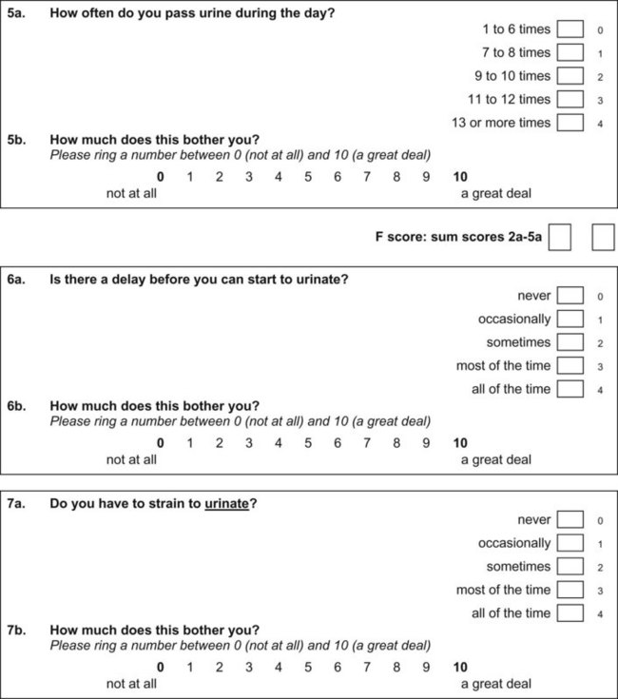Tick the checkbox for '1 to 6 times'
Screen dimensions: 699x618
click(x=570, y=29)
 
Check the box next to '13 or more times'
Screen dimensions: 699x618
click(x=570, y=123)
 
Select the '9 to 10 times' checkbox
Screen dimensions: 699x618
click(x=570, y=76)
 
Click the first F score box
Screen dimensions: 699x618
click(x=560, y=238)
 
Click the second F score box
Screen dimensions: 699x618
click(x=603, y=238)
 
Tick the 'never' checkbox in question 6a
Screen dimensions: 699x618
click(x=570, y=296)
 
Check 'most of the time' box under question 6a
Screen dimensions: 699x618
click(x=570, y=365)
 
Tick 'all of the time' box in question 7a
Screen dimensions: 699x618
click(x=570, y=612)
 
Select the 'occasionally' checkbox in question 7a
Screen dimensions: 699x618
click(x=570, y=543)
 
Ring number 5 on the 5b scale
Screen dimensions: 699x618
click(x=308, y=176)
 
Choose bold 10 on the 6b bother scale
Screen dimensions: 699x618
click(x=460, y=442)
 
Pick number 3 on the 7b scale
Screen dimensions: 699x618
click(x=249, y=666)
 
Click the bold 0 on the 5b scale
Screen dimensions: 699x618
click(x=160, y=176)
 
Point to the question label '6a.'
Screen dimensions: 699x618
click(x=17, y=280)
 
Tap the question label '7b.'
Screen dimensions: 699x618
click(x=17, y=631)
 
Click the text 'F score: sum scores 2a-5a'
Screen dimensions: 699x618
click(x=459, y=238)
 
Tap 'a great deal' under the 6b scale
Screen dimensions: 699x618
click(x=496, y=459)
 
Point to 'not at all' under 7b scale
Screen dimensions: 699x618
click(x=131, y=683)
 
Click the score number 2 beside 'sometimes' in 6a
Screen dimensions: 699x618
click(x=601, y=343)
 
